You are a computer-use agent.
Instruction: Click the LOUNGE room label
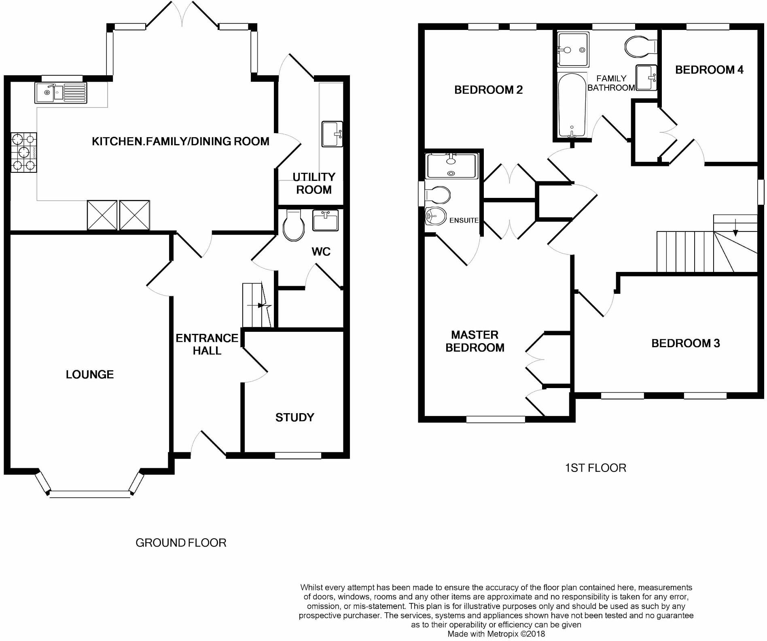pos(90,374)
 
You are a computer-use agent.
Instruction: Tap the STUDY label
pos(295,417)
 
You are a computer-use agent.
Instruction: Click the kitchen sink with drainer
pos(61,93)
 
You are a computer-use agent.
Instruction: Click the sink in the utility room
pos(332,134)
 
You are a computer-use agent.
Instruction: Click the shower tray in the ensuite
pos(452,166)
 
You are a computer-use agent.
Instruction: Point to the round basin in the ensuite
pos(435,216)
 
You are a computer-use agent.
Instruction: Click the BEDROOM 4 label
pos(709,70)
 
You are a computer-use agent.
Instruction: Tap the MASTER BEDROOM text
pos(475,341)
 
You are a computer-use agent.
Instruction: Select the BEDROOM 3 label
pos(685,343)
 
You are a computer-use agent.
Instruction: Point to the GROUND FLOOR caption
pos(181,543)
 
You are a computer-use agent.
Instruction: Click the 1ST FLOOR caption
pos(595,468)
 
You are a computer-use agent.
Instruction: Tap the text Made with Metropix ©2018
pos(496,634)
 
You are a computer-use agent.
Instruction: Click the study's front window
pos(298,456)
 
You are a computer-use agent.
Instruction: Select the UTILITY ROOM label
pos(314,183)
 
